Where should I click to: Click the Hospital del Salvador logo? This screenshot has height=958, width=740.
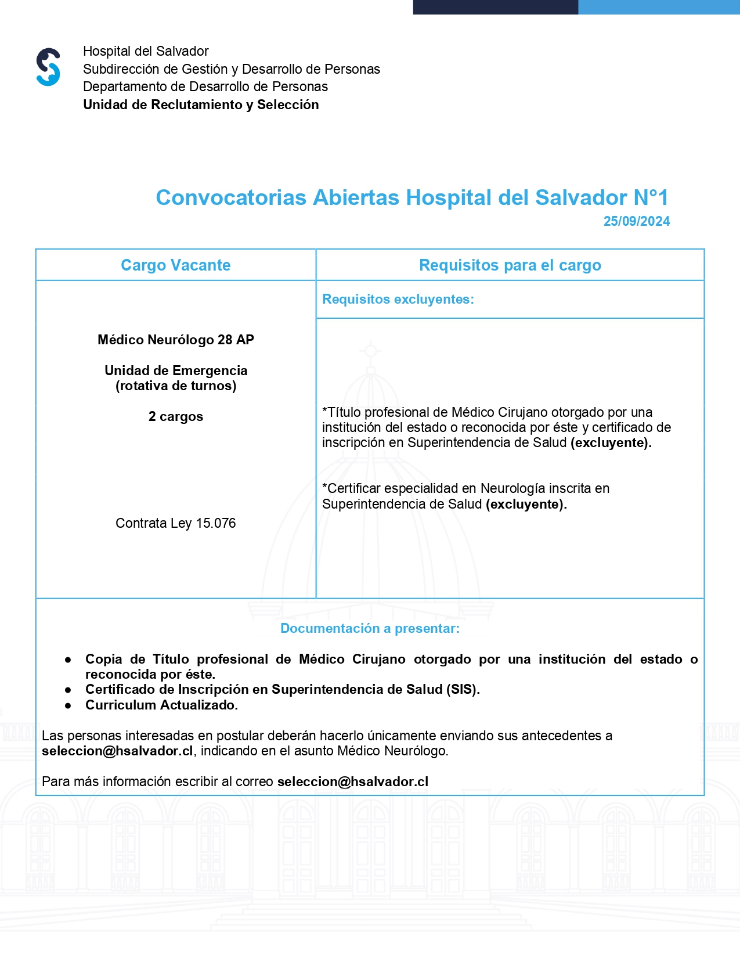[x=48, y=67]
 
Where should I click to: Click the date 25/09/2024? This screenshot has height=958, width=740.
[x=636, y=221]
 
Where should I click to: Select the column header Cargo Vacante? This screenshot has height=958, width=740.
[x=175, y=265]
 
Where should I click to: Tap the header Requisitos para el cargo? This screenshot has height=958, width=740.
[x=510, y=265]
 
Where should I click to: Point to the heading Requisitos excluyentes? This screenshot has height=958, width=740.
[x=398, y=299]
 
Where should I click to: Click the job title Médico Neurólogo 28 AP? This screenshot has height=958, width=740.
[x=175, y=340]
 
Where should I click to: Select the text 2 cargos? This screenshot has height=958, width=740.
[x=175, y=416]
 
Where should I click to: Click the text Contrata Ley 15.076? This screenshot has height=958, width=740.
[x=175, y=523]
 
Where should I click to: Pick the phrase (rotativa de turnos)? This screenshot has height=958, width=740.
[x=175, y=386]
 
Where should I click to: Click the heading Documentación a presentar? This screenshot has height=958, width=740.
[x=370, y=628]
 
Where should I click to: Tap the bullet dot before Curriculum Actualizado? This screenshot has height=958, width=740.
[x=68, y=705]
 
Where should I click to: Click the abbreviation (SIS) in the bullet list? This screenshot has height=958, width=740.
[x=461, y=689]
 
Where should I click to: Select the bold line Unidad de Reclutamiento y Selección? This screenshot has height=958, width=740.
[x=201, y=105]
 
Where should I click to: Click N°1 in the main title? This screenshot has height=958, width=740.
[x=651, y=197]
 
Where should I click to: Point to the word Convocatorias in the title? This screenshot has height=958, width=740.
[x=231, y=197]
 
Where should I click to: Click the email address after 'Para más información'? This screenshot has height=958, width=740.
[x=353, y=781]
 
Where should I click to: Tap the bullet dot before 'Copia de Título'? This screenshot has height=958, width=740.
[x=68, y=660]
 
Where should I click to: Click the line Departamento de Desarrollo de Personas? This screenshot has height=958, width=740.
[x=205, y=87]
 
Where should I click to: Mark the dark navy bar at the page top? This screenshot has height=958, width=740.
[x=495, y=7]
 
